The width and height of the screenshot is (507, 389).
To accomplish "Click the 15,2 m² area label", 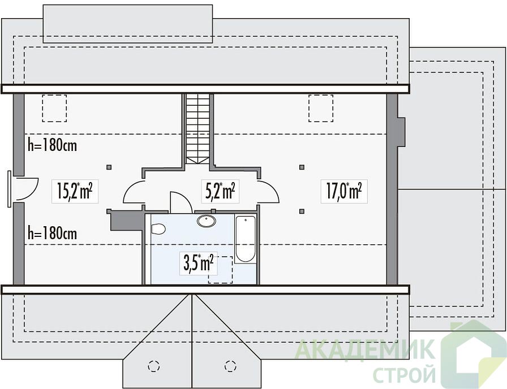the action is (x=75, y=191).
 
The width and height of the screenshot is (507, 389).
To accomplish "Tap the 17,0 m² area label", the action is (x=344, y=191).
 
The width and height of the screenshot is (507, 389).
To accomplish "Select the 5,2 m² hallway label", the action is (x=220, y=191).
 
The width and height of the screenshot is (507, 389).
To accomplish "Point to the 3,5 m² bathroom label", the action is (x=199, y=263).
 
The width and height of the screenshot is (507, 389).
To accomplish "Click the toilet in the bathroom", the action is (x=158, y=229).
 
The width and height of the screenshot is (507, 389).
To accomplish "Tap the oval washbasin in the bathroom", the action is (x=207, y=221).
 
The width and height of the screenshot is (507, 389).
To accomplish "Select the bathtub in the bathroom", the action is (x=246, y=239).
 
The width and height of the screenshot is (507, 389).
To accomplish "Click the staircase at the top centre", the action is (x=198, y=129).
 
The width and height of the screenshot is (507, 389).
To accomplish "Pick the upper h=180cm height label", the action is (x=53, y=145).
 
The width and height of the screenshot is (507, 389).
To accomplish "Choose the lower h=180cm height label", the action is (x=53, y=233).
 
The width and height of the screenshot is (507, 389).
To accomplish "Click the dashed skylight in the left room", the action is (x=54, y=108).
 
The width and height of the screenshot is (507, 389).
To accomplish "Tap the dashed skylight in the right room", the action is (x=321, y=108).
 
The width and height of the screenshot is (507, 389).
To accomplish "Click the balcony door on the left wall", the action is (x=9, y=189).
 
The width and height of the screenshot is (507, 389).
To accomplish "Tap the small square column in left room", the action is (x=109, y=167).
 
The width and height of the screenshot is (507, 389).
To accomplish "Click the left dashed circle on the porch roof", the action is (x=154, y=366).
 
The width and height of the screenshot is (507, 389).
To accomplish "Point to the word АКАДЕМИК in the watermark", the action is (x=365, y=349).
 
